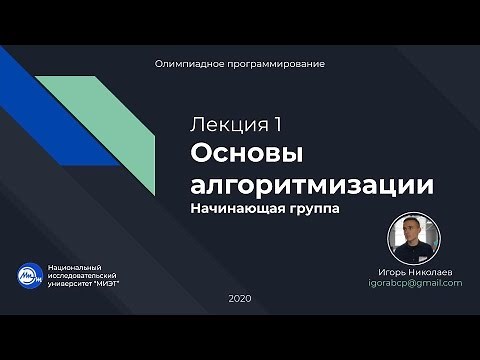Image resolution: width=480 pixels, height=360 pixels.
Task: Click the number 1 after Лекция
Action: click(276, 125)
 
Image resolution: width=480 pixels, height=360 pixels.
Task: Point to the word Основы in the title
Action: click(246, 155)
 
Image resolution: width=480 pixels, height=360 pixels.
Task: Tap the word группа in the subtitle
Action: click(313, 211)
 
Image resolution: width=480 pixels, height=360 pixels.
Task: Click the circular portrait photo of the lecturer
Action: click(413, 241)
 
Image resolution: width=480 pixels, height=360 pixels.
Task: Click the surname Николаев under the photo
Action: click(433, 272)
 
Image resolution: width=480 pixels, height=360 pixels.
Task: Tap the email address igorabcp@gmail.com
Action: click(415, 283)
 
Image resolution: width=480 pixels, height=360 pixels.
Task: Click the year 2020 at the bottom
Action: click(240, 299)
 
